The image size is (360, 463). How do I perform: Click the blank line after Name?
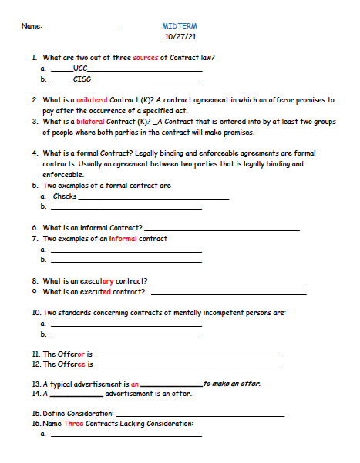point(82,29)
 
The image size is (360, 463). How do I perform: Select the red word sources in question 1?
point(145,58)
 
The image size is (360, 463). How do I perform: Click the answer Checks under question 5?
point(65,196)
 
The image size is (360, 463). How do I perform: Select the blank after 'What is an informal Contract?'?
point(222,230)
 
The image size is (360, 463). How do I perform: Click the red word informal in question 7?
point(123,239)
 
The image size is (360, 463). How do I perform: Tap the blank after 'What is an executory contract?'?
point(227,282)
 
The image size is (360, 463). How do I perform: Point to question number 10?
point(36,313)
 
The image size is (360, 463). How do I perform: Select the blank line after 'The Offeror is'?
point(189,355)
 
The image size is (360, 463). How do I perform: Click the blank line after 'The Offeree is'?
point(189,365)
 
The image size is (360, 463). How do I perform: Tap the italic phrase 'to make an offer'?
point(231,383)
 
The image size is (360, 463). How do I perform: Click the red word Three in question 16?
point(73,424)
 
